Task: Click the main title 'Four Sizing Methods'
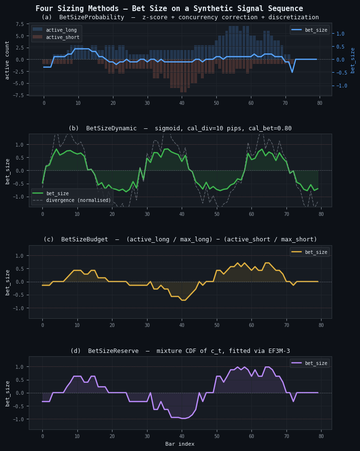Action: [x=169, y=9]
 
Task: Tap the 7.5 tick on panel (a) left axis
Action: [x=19, y=24]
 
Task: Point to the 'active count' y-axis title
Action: [x=7, y=60]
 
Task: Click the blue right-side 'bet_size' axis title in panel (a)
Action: [x=352, y=60]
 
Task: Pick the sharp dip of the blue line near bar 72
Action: [x=292, y=72]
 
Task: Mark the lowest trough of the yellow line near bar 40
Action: [x=182, y=300]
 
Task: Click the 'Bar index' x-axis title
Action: [x=180, y=444]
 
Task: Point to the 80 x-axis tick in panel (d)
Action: [x=322, y=436]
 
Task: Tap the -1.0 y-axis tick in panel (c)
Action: [x=19, y=308]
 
